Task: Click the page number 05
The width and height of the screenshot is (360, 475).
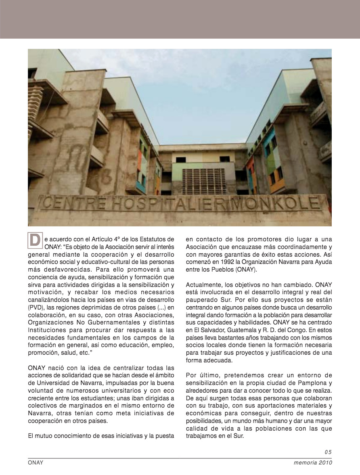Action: pyautogui.click(x=328, y=452)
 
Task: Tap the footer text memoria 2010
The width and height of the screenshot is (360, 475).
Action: pyautogui.click(x=312, y=463)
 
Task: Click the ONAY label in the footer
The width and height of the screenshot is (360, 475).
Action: pyautogui.click(x=36, y=463)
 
